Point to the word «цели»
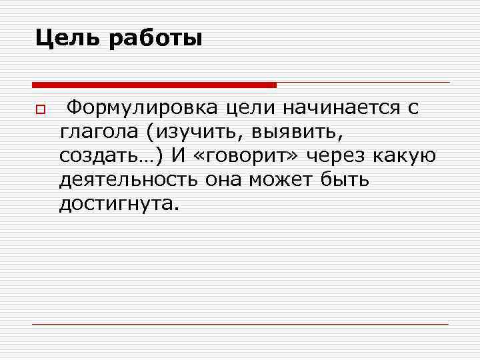248,108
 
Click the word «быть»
345,180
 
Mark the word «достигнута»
119,204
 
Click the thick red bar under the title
154,85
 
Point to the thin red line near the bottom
240,324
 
